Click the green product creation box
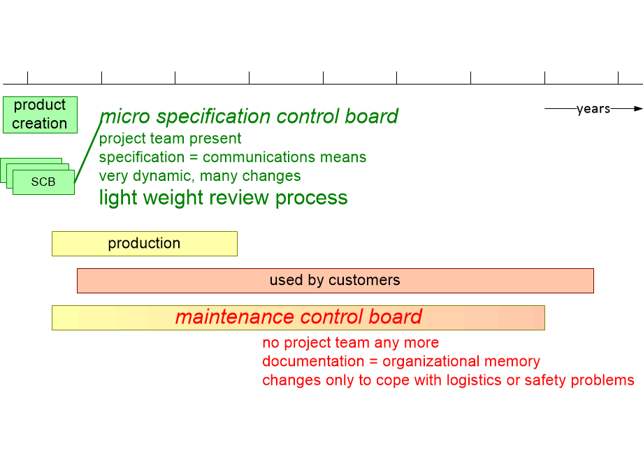point(40,115)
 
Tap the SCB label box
point(43,182)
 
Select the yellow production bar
point(144,244)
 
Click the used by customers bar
point(335,281)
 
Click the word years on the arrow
point(593,109)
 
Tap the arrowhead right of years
point(637,109)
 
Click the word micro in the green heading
point(126,116)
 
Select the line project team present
point(170,138)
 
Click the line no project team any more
point(350,343)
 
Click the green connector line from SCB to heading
point(88,151)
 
